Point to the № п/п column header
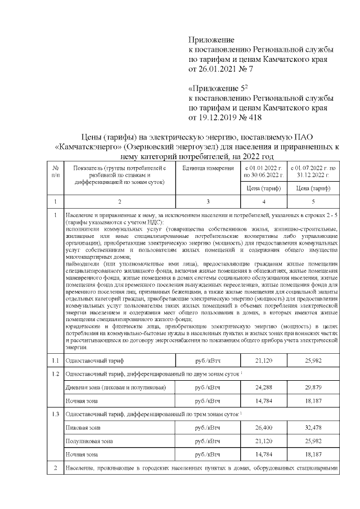55,172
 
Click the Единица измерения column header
208,168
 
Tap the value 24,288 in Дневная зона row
264,388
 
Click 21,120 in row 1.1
264,360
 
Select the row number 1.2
55,373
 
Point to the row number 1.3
55,414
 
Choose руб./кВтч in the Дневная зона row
208,388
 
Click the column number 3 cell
208,201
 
